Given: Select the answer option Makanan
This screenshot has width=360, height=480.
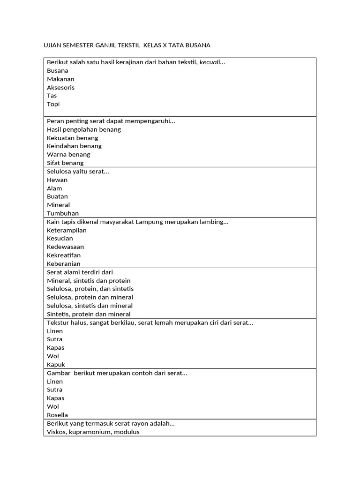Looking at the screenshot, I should click(x=60, y=79).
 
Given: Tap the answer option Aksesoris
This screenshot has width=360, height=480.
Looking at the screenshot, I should click(x=60, y=87).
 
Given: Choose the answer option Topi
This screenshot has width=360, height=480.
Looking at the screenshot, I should click(x=53, y=104).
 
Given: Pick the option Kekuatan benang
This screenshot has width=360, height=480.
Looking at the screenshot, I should click(x=72, y=138).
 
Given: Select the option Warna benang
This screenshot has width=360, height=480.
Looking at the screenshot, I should click(x=68, y=154).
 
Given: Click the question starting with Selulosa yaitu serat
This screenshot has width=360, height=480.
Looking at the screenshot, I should click(x=78, y=171).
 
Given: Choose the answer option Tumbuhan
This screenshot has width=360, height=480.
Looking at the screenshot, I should click(x=63, y=213).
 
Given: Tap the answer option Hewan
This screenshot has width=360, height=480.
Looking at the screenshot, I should click(x=57, y=180).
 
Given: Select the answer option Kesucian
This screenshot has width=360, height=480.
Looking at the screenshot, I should click(x=60, y=238).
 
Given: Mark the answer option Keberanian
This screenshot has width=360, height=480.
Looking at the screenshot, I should click(x=64, y=263).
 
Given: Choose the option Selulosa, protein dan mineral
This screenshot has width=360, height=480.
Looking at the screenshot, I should click(x=90, y=297).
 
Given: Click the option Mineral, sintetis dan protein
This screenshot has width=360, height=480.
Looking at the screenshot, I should click(x=89, y=280).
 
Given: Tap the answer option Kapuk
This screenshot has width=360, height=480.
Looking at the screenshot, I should click(x=56, y=364).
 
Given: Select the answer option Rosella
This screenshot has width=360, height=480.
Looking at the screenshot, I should click(x=57, y=415).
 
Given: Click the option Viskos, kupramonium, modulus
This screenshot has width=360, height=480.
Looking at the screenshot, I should click(x=93, y=432).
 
